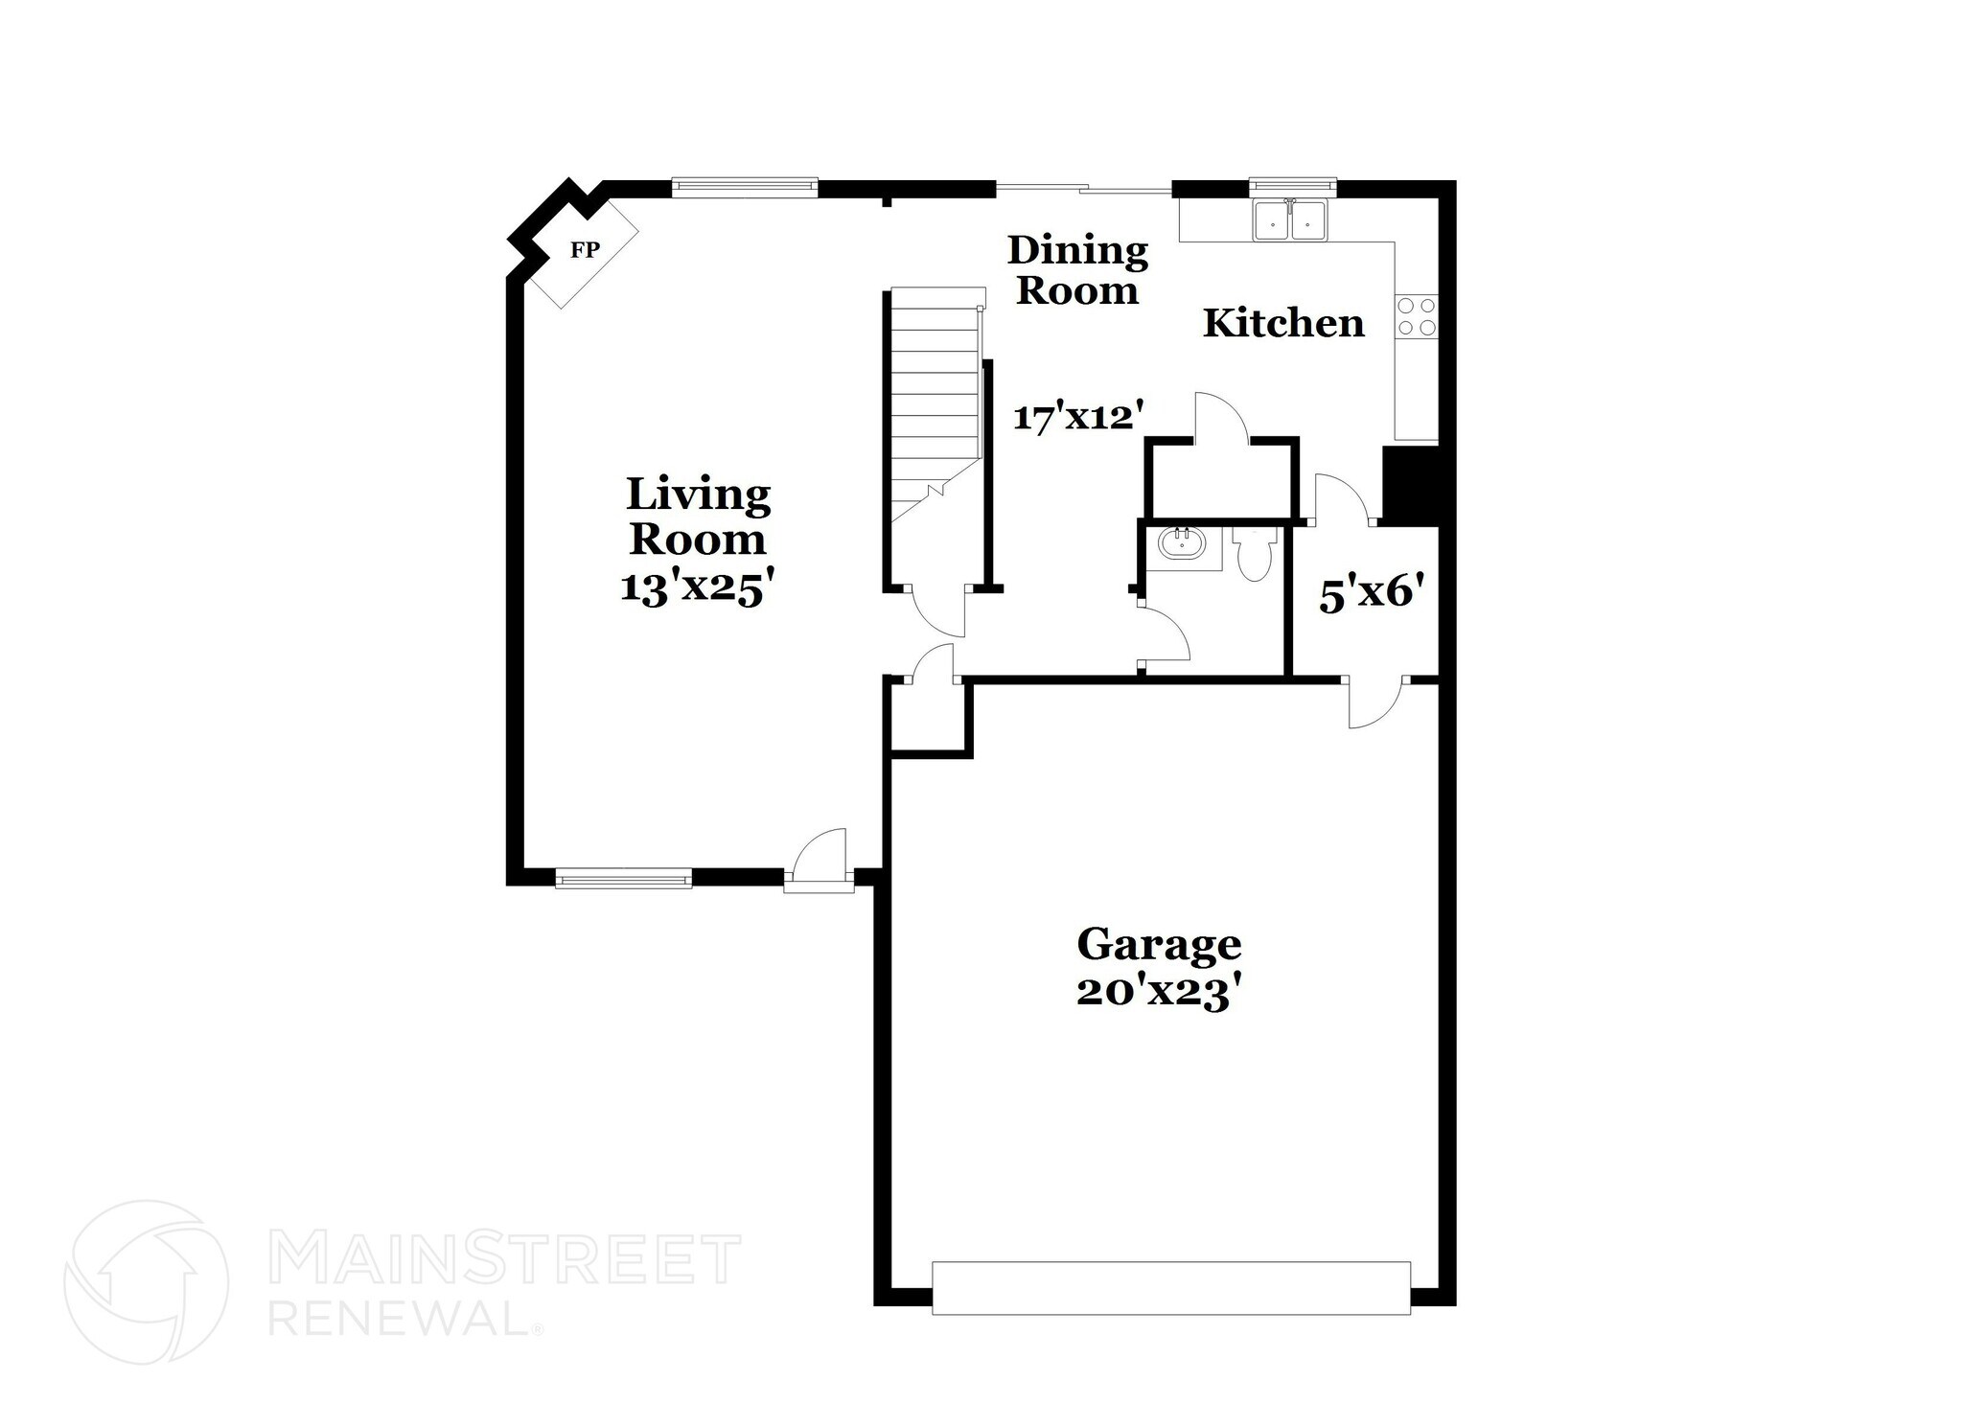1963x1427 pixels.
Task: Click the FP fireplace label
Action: point(585,250)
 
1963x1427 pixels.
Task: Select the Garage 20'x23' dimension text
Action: point(1160,993)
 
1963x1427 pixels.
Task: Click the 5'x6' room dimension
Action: point(1367,594)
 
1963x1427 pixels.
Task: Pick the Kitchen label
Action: point(1283,323)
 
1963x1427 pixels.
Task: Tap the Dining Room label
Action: point(1078,270)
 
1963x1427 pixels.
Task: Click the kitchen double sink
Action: point(1290,220)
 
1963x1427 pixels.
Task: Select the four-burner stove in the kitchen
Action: point(1417,316)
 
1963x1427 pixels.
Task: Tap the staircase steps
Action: point(935,403)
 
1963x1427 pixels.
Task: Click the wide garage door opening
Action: point(1171,1287)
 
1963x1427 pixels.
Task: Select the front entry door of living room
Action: point(818,862)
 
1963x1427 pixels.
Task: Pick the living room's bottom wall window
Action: point(623,877)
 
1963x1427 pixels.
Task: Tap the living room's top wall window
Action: point(745,187)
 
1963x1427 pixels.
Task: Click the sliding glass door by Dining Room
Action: point(1084,188)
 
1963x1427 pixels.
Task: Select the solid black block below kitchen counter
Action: point(1410,485)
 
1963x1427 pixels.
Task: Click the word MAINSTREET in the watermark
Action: point(505,1259)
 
